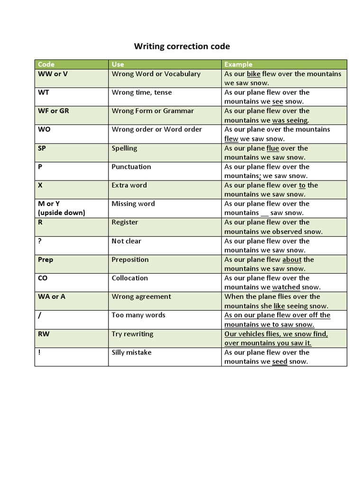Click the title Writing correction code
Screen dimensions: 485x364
pos(182,46)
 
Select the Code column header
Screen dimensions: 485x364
pos(46,64)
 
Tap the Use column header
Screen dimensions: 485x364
pos(118,64)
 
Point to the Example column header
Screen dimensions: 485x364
pos(238,64)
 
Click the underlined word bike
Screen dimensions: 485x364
pos(254,74)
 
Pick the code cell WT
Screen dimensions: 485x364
pos(44,92)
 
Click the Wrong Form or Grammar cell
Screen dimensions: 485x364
pos(153,111)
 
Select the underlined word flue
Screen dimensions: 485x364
pos(273,148)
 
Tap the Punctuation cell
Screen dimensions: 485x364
pos(131,167)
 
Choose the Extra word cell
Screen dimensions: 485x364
pos(129,185)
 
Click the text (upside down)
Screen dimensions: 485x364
pos(62,213)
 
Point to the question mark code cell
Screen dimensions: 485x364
pos(40,241)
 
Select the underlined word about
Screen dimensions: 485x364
pos(292,260)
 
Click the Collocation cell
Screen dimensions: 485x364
pos(129,278)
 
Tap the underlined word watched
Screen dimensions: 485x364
pos(286,287)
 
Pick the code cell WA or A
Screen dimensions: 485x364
pos(52,296)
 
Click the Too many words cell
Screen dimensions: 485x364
pos(138,315)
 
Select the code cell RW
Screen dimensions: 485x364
pos(44,334)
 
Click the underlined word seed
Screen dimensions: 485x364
pos(280,361)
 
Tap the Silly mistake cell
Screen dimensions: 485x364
pos(131,352)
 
